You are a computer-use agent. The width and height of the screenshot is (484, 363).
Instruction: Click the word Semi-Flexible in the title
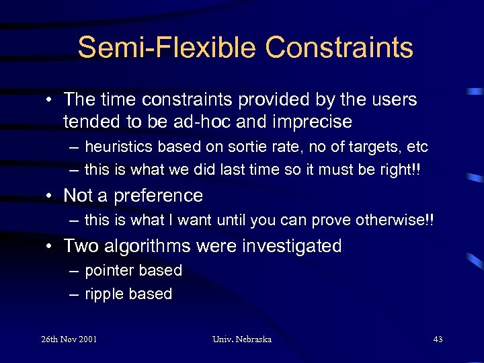[167, 48]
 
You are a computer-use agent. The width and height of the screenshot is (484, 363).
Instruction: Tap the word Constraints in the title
[339, 48]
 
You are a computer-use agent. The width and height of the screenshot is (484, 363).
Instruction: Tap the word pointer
[110, 271]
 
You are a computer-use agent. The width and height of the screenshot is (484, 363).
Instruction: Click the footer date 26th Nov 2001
[69, 339]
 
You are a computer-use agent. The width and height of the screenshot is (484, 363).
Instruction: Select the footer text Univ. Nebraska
[242, 339]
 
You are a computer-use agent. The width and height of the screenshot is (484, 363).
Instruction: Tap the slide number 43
[438, 339]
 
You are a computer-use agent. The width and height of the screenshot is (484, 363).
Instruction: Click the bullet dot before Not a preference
[51, 196]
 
